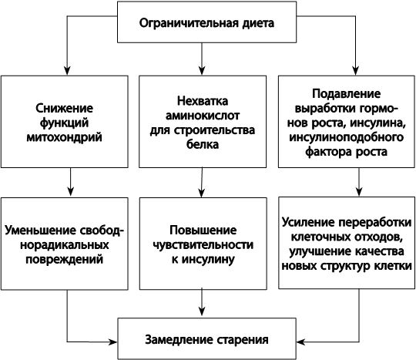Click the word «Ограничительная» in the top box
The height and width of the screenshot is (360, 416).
pyautogui.click(x=189, y=23)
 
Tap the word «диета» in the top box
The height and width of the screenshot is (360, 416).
pyautogui.click(x=258, y=23)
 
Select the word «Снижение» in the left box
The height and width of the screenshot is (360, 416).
pyautogui.click(x=65, y=108)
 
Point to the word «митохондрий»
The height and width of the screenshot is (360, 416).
pyautogui.click(x=64, y=137)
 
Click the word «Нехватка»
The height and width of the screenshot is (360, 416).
pyautogui.click(x=203, y=101)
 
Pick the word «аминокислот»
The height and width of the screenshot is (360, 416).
pyautogui.click(x=203, y=116)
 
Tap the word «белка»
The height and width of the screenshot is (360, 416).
pyautogui.click(x=203, y=144)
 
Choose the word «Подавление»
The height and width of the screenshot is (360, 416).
pyautogui.click(x=346, y=94)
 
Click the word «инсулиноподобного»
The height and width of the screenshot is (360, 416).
pyautogui.click(x=346, y=137)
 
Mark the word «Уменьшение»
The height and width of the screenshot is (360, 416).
pyautogui.click(x=39, y=230)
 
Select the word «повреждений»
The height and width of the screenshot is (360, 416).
pyautogui.click(x=64, y=259)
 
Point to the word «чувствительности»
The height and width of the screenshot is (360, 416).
pyautogui.click(x=203, y=245)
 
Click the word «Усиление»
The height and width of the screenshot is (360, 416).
pyautogui.click(x=309, y=223)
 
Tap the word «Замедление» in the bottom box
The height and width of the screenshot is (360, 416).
pyautogui.click(x=179, y=339)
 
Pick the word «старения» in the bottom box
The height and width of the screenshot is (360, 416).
pyautogui.click(x=243, y=340)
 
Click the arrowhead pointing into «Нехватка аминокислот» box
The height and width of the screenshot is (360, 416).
pyautogui.click(x=202, y=70)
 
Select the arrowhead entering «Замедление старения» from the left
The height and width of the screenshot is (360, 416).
pyautogui.click(x=112, y=341)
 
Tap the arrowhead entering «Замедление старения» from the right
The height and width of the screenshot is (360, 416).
pyautogui.click(x=301, y=341)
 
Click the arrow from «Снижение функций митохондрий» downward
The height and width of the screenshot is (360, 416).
pyautogui.click(x=70, y=182)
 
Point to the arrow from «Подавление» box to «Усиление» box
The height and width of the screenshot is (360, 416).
pyautogui.click(x=359, y=182)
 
